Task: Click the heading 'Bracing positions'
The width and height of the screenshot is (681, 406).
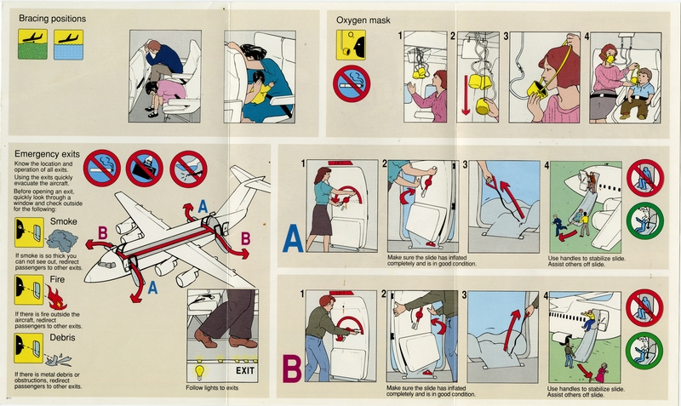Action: click(x=49, y=17)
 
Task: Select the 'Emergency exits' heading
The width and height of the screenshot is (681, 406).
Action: click(x=48, y=153)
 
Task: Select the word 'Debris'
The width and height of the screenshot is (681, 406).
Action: click(x=65, y=338)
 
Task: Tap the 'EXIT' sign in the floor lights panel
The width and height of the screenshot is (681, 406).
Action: click(x=245, y=371)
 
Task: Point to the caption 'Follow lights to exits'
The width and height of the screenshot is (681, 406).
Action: click(x=220, y=389)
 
